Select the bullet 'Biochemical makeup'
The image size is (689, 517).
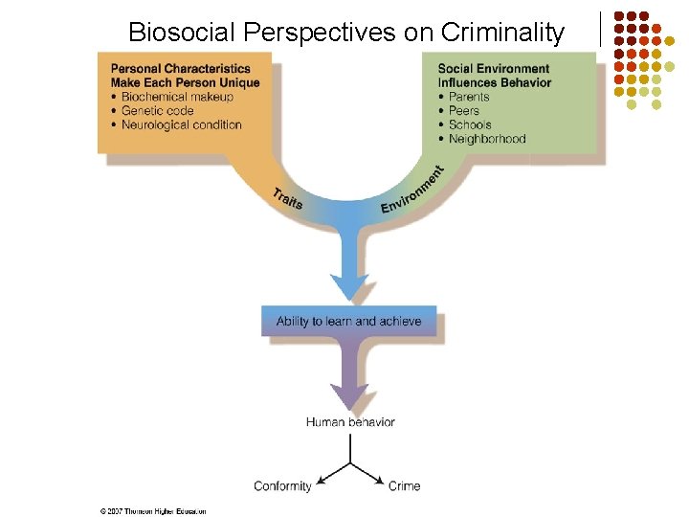tap(177, 97)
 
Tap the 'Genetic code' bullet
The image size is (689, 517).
tap(157, 111)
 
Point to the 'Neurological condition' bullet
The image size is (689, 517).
tap(181, 124)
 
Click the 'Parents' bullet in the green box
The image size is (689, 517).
tap(469, 97)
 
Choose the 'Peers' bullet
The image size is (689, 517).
tap(464, 111)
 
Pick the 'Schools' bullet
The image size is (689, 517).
tap(470, 124)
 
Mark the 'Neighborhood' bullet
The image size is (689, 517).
tap(487, 139)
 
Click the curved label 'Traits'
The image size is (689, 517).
tap(287, 199)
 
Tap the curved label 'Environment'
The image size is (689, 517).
tap(413, 191)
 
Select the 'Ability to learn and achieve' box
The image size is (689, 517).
tap(348, 321)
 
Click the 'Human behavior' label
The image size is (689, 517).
tap(350, 422)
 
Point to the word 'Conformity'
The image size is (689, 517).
tap(282, 486)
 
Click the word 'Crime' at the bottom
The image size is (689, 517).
tap(404, 486)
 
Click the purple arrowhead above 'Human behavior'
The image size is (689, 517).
tap(349, 394)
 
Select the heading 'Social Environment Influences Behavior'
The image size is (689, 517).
tap(494, 76)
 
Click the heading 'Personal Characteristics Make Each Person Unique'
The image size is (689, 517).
tap(185, 76)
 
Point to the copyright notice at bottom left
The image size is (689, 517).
tap(153, 511)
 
